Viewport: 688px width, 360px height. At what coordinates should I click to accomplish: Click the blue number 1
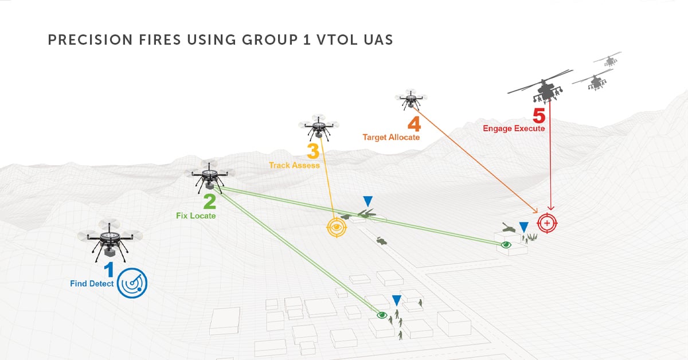click(x=109, y=269)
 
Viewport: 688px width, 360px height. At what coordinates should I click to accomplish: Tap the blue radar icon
click(x=132, y=283)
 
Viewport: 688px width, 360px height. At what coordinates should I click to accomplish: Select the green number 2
click(x=210, y=202)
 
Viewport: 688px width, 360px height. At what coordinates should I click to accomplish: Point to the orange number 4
click(x=415, y=124)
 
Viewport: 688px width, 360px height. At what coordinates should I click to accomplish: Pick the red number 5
click(x=539, y=115)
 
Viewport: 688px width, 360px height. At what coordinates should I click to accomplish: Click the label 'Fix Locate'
click(x=196, y=216)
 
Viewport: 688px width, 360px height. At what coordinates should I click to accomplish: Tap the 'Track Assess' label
click(x=294, y=165)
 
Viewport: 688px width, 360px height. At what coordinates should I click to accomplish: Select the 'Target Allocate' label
click(x=391, y=137)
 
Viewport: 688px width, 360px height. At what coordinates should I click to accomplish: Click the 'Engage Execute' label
click(x=514, y=128)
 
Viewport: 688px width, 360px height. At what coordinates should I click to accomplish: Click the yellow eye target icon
click(x=337, y=228)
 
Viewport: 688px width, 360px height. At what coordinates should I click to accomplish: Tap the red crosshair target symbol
click(x=547, y=223)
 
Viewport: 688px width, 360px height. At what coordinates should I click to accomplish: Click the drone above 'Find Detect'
click(x=110, y=240)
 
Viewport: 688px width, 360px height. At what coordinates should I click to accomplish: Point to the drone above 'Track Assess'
click(x=319, y=127)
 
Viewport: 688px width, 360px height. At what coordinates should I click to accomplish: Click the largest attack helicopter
click(x=544, y=87)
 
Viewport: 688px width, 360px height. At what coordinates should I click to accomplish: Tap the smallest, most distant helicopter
click(x=609, y=60)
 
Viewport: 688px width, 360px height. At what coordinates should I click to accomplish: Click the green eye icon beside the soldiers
click(x=382, y=315)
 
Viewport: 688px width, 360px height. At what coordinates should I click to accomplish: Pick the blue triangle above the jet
click(x=368, y=202)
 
